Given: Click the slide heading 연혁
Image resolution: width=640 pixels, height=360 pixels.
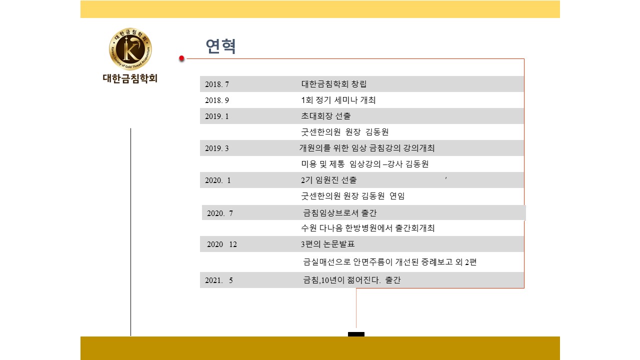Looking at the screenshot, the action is click(220, 46).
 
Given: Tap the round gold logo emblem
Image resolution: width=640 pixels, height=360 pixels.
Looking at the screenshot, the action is click(130, 49).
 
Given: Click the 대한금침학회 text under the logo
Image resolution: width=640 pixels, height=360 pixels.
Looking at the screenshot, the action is click(130, 78).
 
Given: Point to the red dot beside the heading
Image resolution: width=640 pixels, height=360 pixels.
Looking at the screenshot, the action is click(181, 58).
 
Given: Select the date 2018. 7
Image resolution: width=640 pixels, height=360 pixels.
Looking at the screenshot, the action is click(217, 84).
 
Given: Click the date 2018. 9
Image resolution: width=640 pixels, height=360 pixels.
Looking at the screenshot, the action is click(217, 100).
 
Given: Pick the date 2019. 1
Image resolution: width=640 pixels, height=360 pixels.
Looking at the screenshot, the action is click(217, 116).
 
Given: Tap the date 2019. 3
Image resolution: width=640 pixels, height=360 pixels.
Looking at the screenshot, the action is click(217, 148).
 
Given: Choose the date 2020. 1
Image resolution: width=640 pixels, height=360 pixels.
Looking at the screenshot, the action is click(217, 180).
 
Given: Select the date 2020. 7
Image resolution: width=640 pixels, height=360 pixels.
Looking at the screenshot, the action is click(219, 213).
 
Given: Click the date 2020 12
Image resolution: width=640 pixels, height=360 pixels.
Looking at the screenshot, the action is click(222, 244).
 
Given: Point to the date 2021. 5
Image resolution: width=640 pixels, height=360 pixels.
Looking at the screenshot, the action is click(219, 280).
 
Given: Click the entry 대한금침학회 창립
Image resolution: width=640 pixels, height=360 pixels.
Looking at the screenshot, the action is click(333, 84).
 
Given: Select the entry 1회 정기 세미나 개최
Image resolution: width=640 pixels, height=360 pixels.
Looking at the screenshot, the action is click(338, 100).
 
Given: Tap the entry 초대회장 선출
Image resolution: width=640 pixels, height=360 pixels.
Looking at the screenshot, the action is click(325, 116).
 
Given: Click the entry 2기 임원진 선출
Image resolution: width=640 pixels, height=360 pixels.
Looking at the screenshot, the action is click(329, 180).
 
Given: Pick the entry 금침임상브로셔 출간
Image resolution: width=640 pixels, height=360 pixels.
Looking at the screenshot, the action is click(339, 213).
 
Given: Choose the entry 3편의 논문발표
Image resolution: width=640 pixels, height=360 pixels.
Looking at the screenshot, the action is click(327, 244).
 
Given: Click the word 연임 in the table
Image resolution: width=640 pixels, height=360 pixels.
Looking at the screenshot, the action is click(397, 196).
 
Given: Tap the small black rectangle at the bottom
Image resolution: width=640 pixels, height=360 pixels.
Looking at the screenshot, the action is click(356, 334).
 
